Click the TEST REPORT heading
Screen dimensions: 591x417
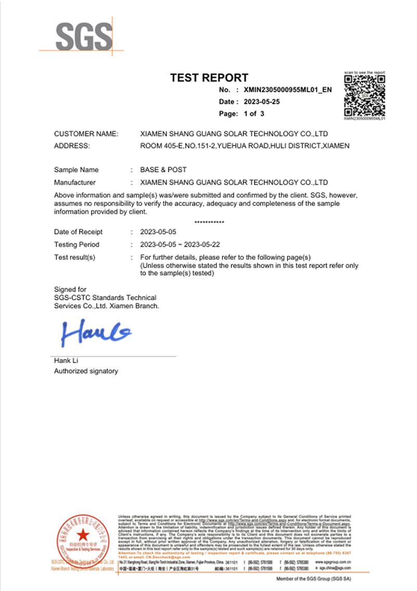(210, 78)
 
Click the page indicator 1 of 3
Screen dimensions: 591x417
(251, 113)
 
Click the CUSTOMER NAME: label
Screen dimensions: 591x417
(86, 134)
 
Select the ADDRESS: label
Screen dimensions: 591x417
(72, 146)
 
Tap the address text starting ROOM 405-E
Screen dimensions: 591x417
(245, 146)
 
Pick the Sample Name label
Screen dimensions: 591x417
(76, 170)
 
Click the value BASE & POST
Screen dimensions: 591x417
(163, 170)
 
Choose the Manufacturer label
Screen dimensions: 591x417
(75, 183)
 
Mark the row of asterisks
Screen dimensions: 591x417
(209, 223)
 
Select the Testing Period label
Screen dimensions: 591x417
(76, 245)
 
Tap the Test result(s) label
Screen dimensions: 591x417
(75, 258)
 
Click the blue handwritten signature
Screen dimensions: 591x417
(96, 332)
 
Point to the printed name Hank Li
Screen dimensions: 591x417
(66, 361)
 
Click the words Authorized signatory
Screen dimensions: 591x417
(86, 371)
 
